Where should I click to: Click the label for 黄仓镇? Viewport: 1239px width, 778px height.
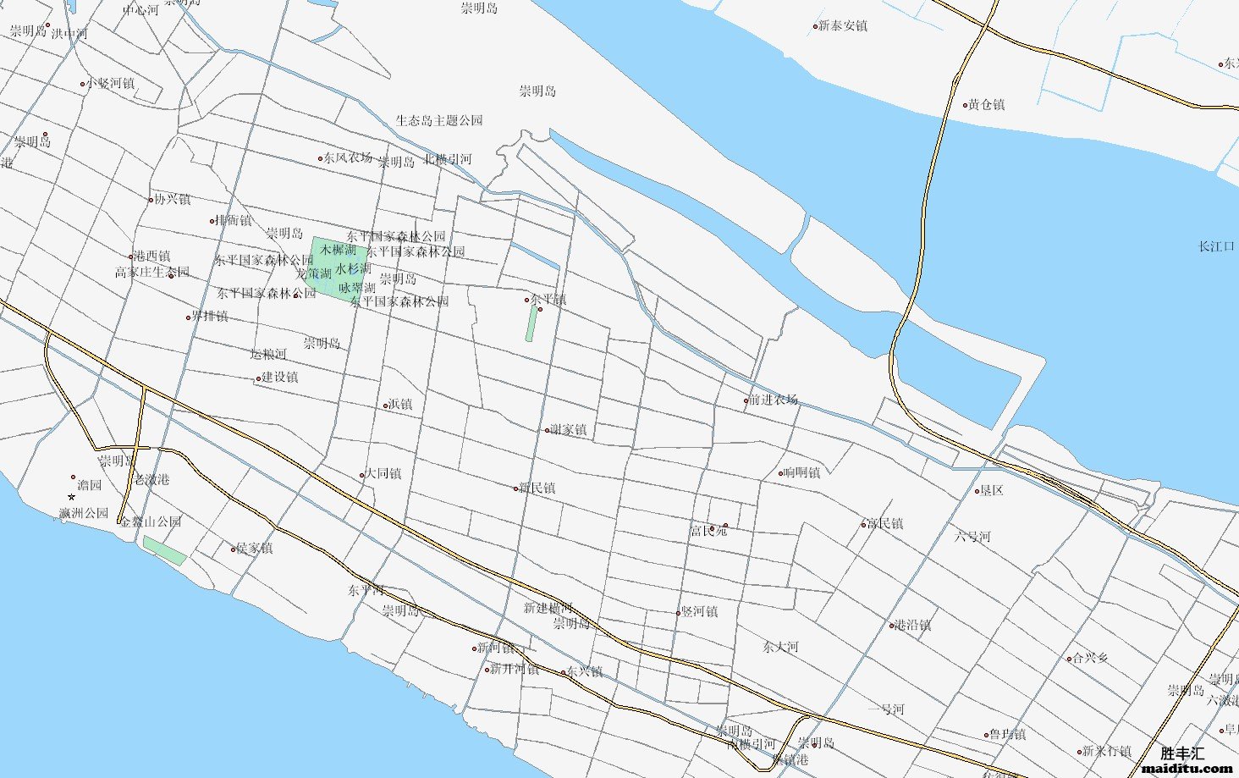click(x=986, y=105)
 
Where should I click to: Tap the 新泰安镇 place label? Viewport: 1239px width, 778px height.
click(x=842, y=26)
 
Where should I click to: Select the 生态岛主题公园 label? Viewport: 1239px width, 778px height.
click(x=439, y=121)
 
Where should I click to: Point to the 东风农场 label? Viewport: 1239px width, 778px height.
click(x=347, y=157)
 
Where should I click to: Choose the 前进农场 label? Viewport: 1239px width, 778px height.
click(x=774, y=400)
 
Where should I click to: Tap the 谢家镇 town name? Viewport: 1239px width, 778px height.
click(x=568, y=430)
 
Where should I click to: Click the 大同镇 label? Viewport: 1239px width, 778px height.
click(x=383, y=473)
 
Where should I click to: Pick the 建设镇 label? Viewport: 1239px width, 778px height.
click(x=279, y=378)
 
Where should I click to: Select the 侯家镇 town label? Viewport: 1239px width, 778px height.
click(x=254, y=549)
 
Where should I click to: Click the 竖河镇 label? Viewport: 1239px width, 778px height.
click(x=700, y=611)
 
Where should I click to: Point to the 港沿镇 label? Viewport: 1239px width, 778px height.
click(x=912, y=626)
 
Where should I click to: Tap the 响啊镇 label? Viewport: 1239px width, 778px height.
click(x=801, y=472)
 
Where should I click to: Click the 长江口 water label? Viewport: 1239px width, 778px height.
click(x=1216, y=246)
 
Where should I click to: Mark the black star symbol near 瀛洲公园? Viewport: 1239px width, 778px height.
click(x=71, y=497)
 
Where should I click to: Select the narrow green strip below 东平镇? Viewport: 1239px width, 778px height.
click(x=531, y=323)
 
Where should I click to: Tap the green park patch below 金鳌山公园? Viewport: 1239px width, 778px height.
click(x=164, y=550)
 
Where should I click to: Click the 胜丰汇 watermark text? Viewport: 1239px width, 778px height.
click(x=1181, y=753)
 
